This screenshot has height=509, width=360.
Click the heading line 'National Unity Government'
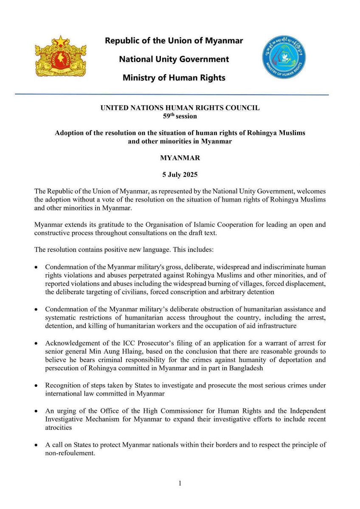click(174, 59)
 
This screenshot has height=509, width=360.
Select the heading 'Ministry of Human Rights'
click(174, 78)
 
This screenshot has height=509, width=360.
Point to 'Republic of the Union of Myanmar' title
click(174, 41)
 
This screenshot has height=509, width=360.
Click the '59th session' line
click(180, 115)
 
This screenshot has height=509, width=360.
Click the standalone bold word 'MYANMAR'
click(180, 157)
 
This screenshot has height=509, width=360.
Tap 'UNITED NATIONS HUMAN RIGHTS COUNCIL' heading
click(180, 108)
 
